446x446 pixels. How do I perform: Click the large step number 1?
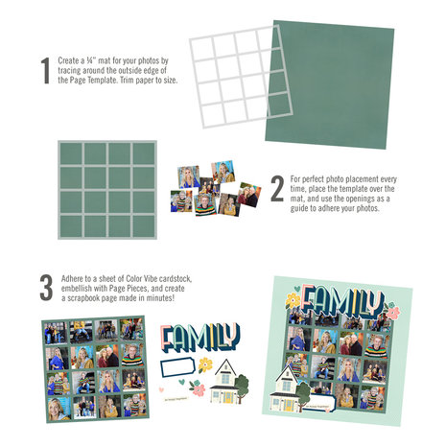click(44, 71)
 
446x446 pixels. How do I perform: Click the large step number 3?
click(44, 288)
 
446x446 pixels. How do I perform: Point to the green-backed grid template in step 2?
click(106, 190)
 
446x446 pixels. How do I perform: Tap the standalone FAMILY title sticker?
click(200, 338)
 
